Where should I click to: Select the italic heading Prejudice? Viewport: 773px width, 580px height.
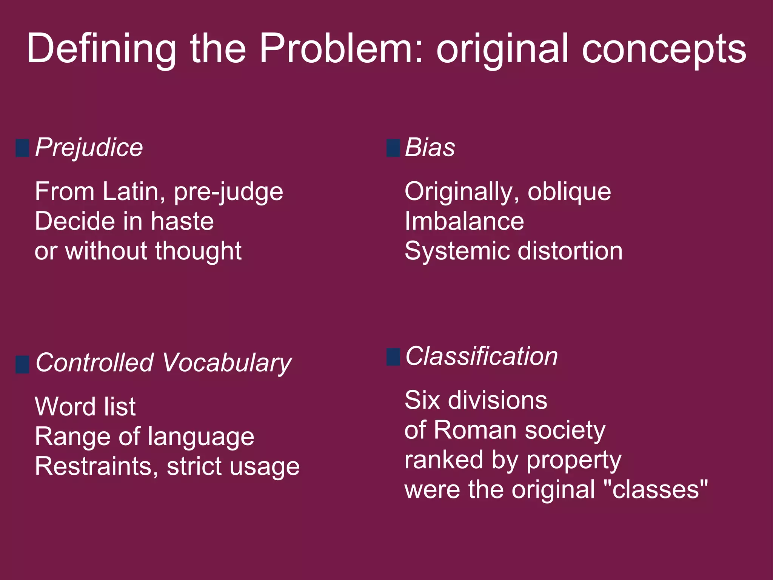(x=89, y=148)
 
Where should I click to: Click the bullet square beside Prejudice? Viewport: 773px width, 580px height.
(x=22, y=148)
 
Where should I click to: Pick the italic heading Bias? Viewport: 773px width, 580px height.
(x=430, y=147)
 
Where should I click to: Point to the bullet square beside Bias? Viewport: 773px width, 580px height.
(x=393, y=148)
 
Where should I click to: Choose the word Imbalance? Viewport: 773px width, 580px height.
(x=464, y=221)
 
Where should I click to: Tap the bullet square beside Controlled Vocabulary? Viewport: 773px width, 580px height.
(x=22, y=364)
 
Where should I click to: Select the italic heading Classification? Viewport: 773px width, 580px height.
(x=481, y=356)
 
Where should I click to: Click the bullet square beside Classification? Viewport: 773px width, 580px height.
(x=393, y=357)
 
